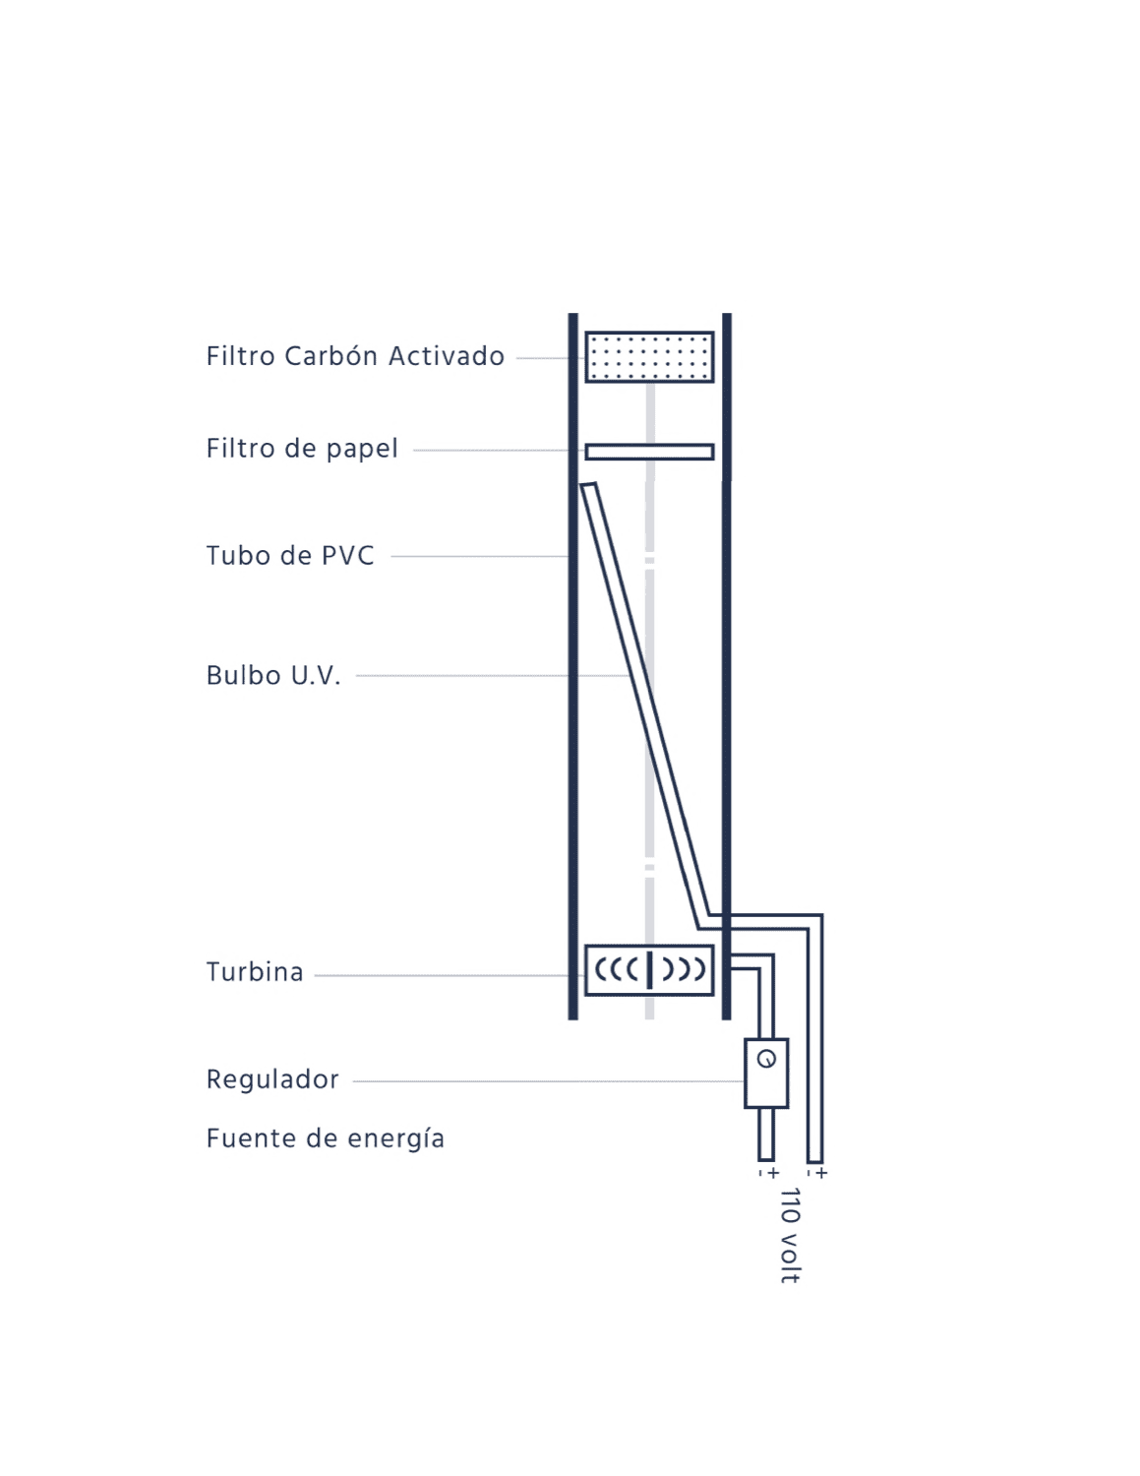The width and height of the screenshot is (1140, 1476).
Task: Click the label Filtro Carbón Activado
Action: point(355,356)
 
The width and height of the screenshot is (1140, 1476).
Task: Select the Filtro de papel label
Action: point(302,449)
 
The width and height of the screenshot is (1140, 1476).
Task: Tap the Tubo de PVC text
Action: point(290,555)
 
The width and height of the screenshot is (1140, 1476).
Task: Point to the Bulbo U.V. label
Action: point(272,675)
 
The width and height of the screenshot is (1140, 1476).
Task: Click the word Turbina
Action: point(255,971)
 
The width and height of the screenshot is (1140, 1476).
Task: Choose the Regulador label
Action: point(272,1078)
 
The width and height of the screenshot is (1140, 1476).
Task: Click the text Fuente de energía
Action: point(326,1138)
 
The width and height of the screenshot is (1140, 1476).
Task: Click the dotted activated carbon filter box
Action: point(649,356)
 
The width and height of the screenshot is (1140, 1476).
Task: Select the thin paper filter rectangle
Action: point(649,452)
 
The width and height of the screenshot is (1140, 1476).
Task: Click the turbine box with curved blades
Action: point(649,970)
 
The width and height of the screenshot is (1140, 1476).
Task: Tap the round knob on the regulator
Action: point(766,1059)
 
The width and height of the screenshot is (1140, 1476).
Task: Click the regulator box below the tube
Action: point(766,1074)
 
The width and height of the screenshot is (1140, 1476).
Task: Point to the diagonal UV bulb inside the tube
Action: point(645,706)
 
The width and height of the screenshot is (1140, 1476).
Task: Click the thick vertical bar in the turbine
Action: point(650,970)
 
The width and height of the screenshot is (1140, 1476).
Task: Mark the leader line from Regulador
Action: point(549,1080)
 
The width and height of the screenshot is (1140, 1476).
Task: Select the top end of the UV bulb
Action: point(588,484)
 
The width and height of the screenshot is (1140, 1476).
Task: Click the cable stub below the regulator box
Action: point(766,1135)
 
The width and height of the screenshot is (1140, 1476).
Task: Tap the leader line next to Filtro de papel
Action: point(499,451)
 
